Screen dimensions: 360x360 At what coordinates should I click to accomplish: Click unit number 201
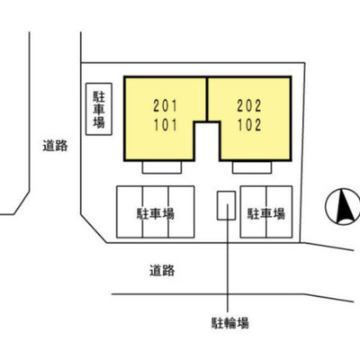click(166, 106)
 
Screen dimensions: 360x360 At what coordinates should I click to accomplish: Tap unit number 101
click(166, 125)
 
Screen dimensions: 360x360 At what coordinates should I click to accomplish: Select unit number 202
click(249, 106)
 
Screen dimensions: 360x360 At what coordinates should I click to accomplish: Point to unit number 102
click(249, 125)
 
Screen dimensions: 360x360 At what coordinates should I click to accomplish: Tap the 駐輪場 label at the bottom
click(230, 323)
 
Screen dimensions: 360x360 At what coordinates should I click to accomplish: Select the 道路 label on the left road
click(55, 146)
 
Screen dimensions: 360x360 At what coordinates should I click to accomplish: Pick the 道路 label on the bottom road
click(162, 270)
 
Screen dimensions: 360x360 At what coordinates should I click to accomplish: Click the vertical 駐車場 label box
click(99, 109)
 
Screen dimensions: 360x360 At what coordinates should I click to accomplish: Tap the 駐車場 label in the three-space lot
click(156, 214)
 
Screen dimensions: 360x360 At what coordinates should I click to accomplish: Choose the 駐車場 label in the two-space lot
click(265, 214)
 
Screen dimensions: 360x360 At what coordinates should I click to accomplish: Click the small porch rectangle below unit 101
click(162, 167)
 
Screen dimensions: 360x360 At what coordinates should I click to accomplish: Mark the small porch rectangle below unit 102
click(252, 167)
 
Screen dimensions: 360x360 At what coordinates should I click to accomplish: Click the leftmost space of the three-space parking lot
click(130, 211)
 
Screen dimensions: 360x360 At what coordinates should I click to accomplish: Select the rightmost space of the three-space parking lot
click(181, 211)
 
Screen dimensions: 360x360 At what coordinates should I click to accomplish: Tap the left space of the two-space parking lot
click(253, 211)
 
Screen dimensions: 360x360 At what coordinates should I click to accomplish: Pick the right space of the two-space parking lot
click(279, 211)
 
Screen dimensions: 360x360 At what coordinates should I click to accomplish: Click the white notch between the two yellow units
click(207, 141)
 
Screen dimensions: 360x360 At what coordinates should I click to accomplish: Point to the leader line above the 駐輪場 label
click(228, 258)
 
